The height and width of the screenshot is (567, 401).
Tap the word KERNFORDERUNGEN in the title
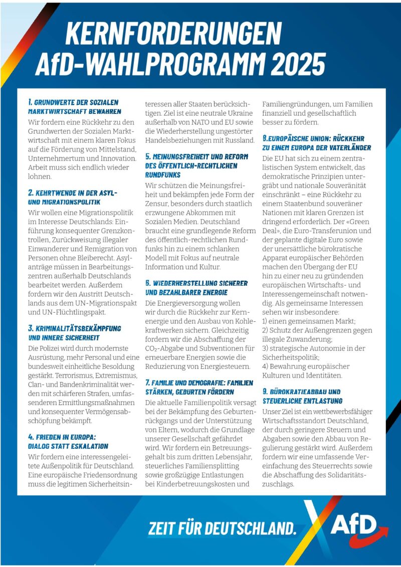[173, 33]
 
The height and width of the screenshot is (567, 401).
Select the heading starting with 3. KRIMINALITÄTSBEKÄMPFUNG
[75, 328]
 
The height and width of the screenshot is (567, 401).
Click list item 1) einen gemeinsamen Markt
[309, 321]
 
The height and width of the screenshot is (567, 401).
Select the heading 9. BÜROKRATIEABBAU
[301, 391]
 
